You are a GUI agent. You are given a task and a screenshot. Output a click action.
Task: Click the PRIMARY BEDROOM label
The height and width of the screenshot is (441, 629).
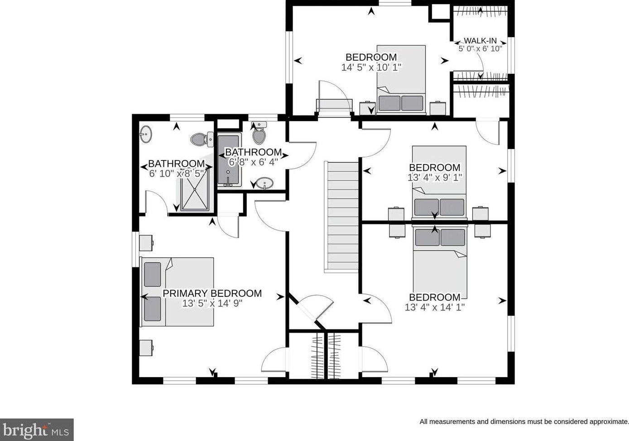tap(212, 293)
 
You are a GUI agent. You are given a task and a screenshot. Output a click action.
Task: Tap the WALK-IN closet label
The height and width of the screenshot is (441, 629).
tap(480, 41)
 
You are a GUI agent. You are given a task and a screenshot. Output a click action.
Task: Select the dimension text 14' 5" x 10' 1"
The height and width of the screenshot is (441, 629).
tap(371, 68)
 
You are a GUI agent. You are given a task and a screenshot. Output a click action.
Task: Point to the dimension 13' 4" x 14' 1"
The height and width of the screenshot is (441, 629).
tap(435, 307)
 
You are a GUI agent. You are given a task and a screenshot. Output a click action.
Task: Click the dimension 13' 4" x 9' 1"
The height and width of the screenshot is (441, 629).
tap(435, 178)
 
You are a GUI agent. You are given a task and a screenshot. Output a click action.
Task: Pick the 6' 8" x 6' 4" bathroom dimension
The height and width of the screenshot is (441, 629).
tap(253, 162)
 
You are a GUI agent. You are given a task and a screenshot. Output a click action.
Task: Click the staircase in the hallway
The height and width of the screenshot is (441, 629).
tap(341, 217)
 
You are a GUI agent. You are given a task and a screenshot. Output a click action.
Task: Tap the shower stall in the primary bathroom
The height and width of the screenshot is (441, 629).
tap(195, 189)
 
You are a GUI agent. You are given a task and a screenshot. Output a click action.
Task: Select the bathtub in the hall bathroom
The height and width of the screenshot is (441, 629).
tap(229, 160)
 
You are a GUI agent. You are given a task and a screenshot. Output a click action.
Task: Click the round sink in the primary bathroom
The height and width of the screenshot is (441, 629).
tap(146, 134)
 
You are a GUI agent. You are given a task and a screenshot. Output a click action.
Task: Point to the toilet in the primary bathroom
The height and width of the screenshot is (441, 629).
tap(202, 139)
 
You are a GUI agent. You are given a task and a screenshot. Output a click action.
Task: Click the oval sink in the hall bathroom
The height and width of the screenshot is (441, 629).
tap(265, 184)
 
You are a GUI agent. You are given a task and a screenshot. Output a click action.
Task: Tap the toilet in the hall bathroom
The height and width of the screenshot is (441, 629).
tap(259, 133)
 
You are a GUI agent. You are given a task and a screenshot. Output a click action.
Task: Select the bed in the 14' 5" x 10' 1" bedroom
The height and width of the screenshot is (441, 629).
tap(401, 80)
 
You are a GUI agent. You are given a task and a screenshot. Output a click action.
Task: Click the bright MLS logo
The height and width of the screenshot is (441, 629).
tap(37, 430)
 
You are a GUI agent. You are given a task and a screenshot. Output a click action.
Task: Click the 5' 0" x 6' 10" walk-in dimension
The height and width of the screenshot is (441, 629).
tap(480, 49)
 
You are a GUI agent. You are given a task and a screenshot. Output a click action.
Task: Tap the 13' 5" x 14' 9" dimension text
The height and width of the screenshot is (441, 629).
tap(212, 304)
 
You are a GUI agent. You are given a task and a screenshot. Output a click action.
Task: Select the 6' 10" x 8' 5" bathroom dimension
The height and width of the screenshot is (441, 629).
tap(176, 174)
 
